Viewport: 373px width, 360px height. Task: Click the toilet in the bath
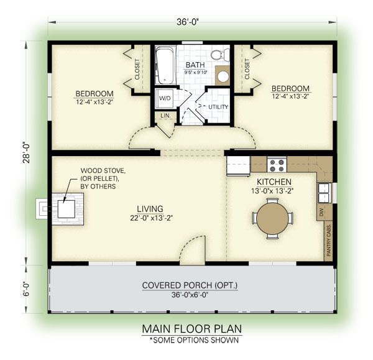pyautogui.click(x=220, y=55)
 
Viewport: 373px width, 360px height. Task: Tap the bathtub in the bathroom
pyautogui.click(x=165, y=65)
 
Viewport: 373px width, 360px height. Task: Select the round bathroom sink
pyautogui.click(x=223, y=76)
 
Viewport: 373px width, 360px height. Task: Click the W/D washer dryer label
pyautogui.click(x=165, y=98)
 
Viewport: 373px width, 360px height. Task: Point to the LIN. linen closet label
pyautogui.click(x=165, y=116)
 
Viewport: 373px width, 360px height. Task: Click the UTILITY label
pyautogui.click(x=218, y=107)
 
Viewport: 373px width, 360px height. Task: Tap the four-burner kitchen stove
pyautogui.click(x=277, y=165)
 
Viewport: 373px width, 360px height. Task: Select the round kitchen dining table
pyautogui.click(x=273, y=218)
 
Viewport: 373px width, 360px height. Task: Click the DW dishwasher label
pyautogui.click(x=322, y=211)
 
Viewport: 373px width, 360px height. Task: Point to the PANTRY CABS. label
pyautogui.click(x=328, y=240)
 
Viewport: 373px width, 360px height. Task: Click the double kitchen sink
pyautogui.click(x=324, y=193)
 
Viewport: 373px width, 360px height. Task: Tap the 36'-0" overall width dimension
pyautogui.click(x=188, y=22)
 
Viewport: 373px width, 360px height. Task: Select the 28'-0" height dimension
pyautogui.click(x=26, y=153)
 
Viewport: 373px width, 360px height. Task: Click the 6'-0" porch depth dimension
pyautogui.click(x=26, y=289)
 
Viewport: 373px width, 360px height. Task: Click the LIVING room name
pyautogui.click(x=150, y=209)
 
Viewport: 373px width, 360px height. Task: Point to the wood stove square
pyautogui.click(x=67, y=209)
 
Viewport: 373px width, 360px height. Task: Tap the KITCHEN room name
pyautogui.click(x=274, y=182)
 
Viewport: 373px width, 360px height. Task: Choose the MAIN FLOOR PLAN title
pyautogui.click(x=192, y=329)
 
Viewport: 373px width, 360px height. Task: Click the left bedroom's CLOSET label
pyautogui.click(x=137, y=69)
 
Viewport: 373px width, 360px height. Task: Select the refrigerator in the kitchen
pyautogui.click(x=238, y=166)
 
